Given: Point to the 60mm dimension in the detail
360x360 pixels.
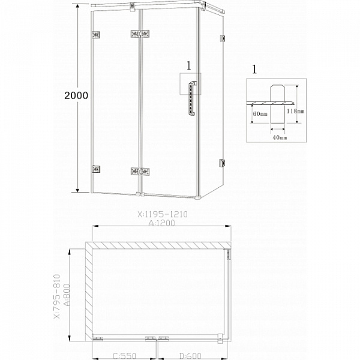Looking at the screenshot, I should [260, 113].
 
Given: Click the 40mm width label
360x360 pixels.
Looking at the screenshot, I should [278, 138].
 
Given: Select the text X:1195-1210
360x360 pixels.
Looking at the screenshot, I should [161, 213].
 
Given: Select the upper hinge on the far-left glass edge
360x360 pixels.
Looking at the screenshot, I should [94, 35].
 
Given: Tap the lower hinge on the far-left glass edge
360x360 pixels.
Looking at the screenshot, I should [94, 170].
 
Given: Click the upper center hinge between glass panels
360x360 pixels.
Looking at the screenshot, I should [139, 35].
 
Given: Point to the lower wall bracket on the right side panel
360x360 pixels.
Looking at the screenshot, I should [222, 163].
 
